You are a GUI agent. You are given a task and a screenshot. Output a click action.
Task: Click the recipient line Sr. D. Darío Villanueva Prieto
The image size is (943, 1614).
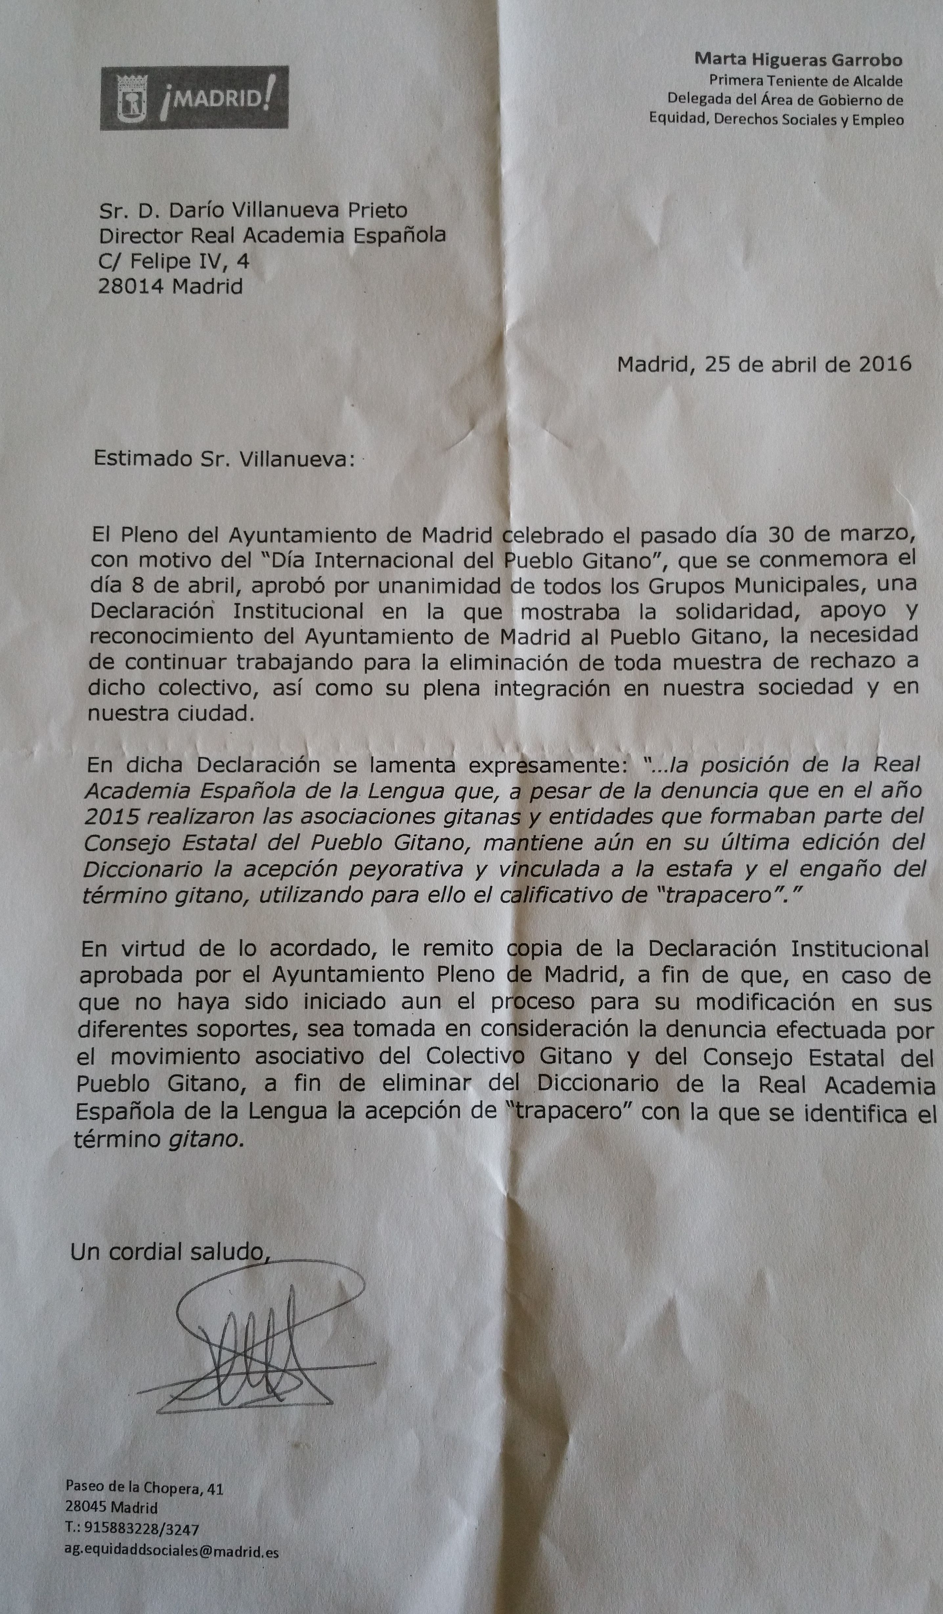pos(253,210)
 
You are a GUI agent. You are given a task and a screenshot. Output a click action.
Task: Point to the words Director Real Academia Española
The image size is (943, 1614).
pos(272,236)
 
